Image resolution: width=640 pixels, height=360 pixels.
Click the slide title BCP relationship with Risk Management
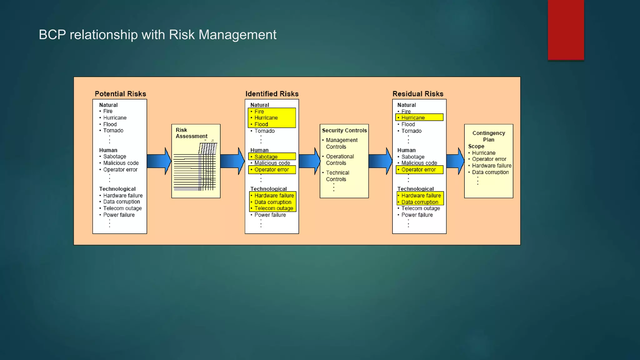coord(157,35)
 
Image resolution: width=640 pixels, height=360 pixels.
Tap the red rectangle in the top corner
coord(566,30)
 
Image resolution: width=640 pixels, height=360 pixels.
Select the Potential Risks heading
coord(120,94)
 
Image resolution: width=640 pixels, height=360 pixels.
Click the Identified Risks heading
coord(272,94)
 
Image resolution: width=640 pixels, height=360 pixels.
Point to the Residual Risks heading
coord(418,94)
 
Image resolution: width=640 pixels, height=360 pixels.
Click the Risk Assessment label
coord(191,133)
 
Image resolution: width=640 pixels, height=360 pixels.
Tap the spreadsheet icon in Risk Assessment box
coord(196,167)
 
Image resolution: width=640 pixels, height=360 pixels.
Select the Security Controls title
coord(344,130)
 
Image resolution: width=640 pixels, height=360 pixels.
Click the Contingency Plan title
coord(488,136)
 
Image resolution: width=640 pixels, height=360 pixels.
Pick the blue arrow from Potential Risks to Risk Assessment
coord(159,161)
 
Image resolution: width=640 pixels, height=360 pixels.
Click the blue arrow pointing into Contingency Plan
coord(455,161)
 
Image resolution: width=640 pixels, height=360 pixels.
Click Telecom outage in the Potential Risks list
coord(122,208)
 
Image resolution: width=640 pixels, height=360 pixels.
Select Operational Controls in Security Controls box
coord(340,160)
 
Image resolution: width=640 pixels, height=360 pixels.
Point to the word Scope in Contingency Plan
coord(476,146)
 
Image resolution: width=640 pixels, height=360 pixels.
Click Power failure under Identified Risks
coord(270,215)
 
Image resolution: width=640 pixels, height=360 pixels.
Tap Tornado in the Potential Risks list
coord(113,131)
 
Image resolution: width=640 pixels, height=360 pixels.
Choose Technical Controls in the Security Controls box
coord(337,176)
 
